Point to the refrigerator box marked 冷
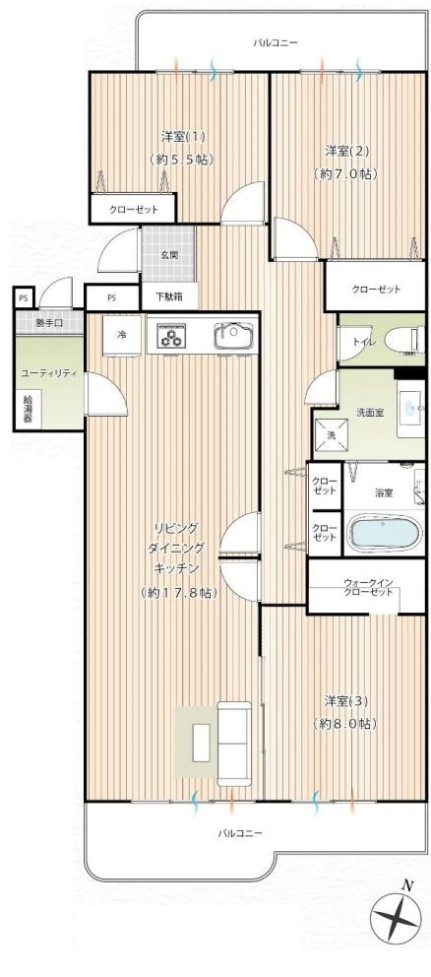tap(123, 335)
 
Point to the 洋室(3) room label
tap(345, 700)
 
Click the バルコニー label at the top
tap(275, 42)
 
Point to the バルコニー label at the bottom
tap(240, 833)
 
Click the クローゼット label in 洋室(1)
tap(134, 210)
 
